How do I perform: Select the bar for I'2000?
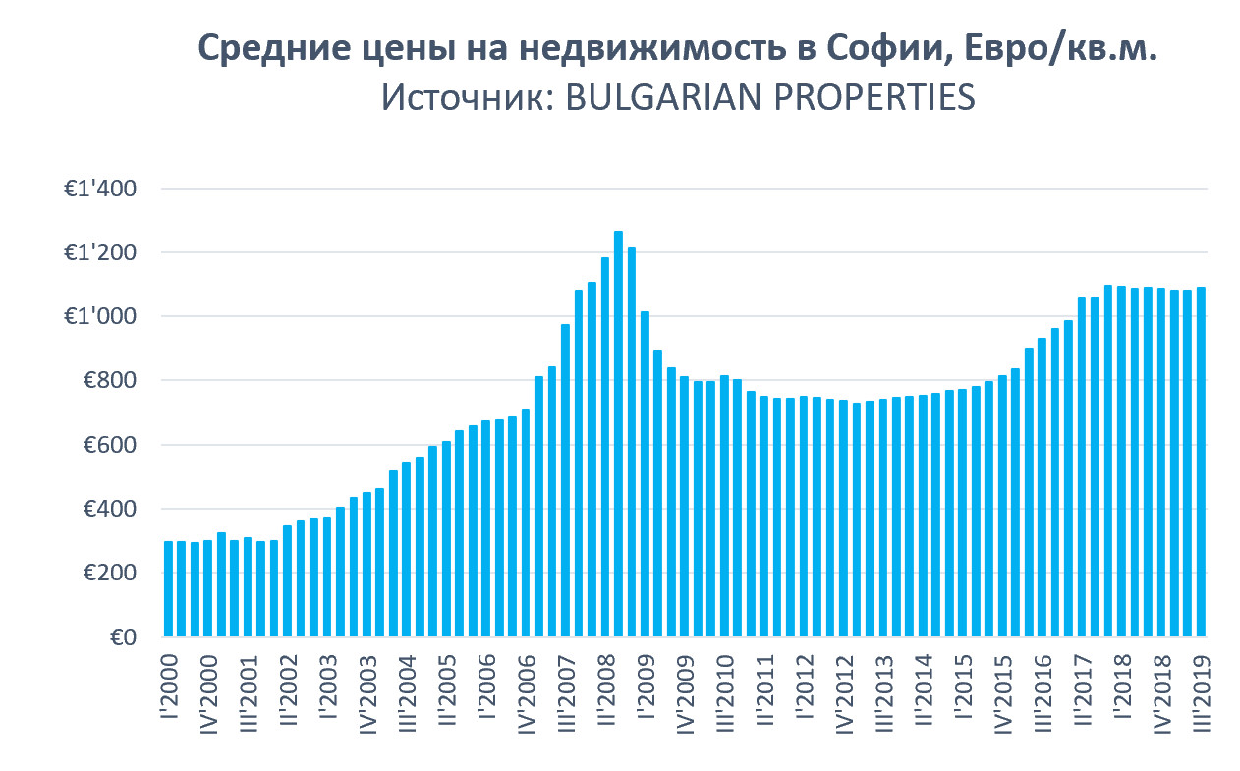click(169, 588)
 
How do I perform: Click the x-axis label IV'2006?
click(527, 693)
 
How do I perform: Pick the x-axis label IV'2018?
click(1161, 693)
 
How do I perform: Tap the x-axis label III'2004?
click(407, 694)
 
